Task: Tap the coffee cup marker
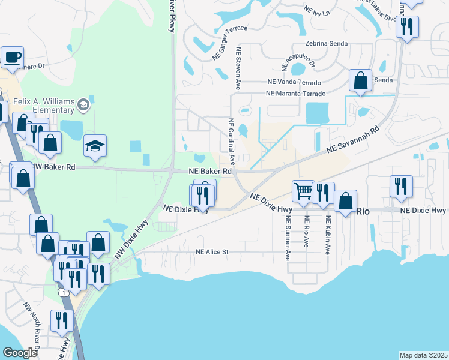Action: [x=12, y=58]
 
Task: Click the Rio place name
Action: [x=363, y=211]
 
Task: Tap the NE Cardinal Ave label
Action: [x=231, y=141]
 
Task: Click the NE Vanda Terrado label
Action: [x=293, y=82]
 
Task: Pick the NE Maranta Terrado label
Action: [x=295, y=94]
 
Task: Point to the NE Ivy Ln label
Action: [x=318, y=11]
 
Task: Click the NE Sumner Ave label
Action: [x=288, y=238]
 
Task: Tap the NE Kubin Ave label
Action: [x=328, y=235]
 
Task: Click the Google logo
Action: [x=20, y=352]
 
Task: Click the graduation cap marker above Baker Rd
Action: [x=95, y=146]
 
